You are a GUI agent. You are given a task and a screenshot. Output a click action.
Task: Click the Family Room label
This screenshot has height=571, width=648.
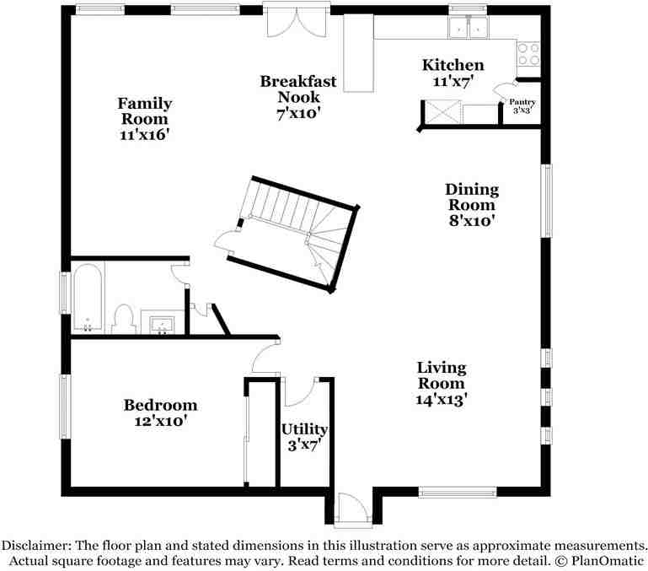pyautogui.click(x=145, y=118)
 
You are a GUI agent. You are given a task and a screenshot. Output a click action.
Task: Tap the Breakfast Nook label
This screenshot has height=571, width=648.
pyautogui.click(x=298, y=97)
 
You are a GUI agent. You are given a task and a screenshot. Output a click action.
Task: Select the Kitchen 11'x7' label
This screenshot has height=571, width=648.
pyautogui.click(x=453, y=73)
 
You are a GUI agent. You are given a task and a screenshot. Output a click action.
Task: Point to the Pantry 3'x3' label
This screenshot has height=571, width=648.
pyautogui.click(x=522, y=106)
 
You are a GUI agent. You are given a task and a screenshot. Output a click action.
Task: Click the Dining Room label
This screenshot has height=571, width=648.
pyautogui.click(x=472, y=205)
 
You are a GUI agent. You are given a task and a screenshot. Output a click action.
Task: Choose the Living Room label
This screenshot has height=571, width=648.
pyautogui.click(x=442, y=383)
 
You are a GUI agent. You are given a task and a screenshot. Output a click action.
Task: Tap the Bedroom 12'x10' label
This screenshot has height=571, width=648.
pyautogui.click(x=160, y=412)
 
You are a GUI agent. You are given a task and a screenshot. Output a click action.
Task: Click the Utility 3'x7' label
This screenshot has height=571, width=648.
pyautogui.click(x=304, y=437)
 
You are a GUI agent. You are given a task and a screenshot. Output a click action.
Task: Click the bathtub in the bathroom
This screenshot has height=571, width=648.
pyautogui.click(x=87, y=297)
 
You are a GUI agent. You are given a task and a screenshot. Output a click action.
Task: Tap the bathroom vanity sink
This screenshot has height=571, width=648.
pyautogui.click(x=163, y=322)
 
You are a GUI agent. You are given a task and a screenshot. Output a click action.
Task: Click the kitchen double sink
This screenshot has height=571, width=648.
pyautogui.click(x=469, y=27)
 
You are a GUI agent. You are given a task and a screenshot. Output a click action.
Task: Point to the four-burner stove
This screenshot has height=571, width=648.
pyautogui.click(x=528, y=54)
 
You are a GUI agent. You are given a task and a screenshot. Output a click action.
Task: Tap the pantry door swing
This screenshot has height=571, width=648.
pyautogui.click(x=504, y=92)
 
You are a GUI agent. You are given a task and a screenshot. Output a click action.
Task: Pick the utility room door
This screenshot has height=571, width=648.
pyautogui.click(x=301, y=391)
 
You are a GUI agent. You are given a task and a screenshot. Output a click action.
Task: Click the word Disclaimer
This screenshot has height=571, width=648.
pyautogui.click(x=36, y=545)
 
